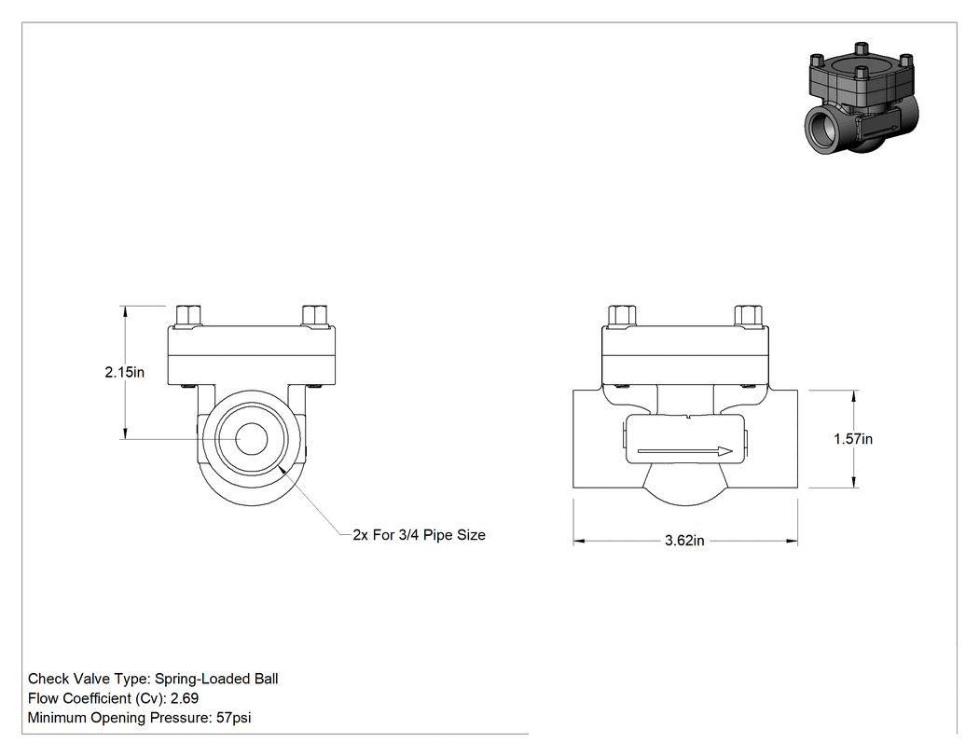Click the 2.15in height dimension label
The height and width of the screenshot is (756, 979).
[x=124, y=372]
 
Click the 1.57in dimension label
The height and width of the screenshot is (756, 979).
[x=853, y=439]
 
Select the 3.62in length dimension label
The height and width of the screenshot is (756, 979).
[x=684, y=541]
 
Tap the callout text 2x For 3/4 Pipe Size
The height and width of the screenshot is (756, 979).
[x=419, y=535]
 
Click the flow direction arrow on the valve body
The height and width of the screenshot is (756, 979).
[x=685, y=451]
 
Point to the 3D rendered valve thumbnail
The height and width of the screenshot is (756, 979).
[x=862, y=99]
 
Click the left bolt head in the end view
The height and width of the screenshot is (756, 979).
[x=188, y=316]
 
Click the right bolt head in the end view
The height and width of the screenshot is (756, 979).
[x=314, y=316]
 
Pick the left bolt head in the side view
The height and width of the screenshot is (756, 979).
[x=622, y=316]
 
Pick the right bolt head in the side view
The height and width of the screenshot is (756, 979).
[x=748, y=316]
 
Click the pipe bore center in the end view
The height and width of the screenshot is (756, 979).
[x=252, y=439]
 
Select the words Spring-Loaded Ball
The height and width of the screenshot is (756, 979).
[x=216, y=679]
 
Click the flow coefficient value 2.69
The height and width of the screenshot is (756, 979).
[x=185, y=698]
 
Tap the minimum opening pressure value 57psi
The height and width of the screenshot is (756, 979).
[x=233, y=718]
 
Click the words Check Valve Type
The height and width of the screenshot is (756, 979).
[x=87, y=679]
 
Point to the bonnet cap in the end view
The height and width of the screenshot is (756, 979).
[x=252, y=354]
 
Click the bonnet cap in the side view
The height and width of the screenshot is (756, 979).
[x=685, y=354]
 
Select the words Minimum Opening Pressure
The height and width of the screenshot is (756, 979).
[x=118, y=718]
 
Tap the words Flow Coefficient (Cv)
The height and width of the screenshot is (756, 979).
[x=95, y=698]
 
